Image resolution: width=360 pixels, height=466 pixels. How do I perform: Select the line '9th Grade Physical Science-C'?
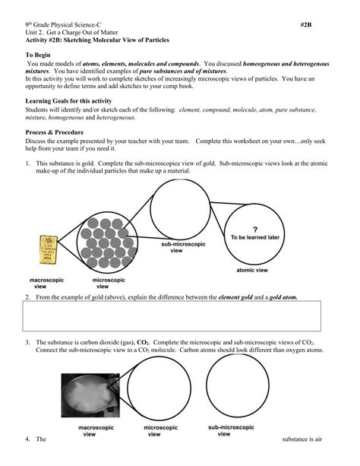[68, 24]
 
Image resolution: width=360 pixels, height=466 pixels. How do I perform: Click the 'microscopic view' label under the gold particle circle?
[106, 284]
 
